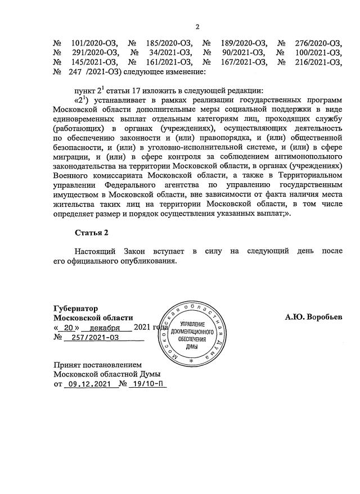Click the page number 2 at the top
tap(197, 26)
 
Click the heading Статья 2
tap(91, 233)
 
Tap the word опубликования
tap(151, 261)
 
